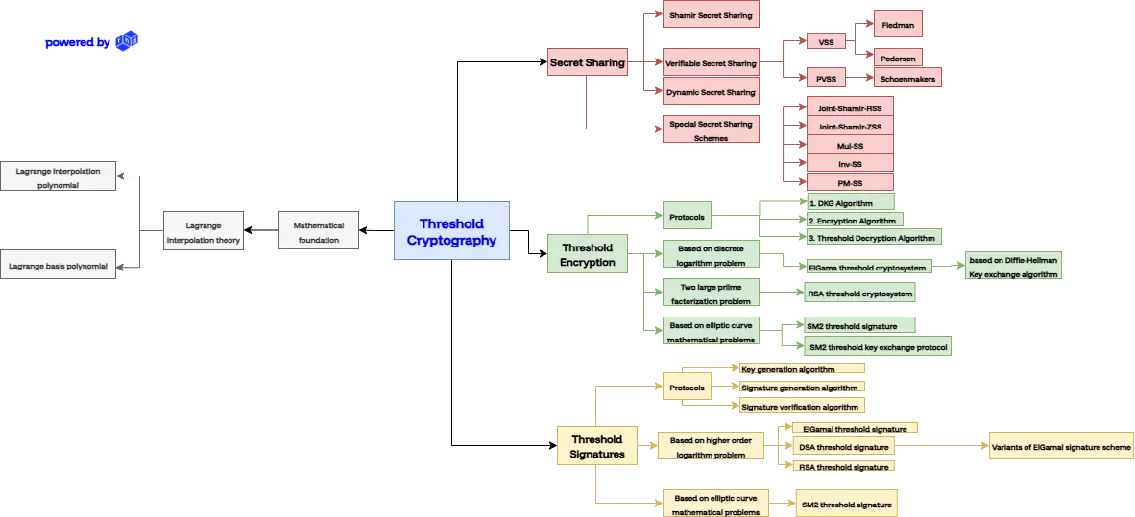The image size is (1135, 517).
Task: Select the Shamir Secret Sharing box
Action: pos(711,15)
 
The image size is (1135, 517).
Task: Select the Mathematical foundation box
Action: pos(317,232)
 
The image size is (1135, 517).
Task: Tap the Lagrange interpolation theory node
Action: pos(202,232)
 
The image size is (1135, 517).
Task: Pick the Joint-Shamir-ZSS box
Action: pos(850,127)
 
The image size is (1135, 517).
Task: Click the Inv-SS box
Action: pos(850,164)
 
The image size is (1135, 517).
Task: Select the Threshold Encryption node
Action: pos(588,254)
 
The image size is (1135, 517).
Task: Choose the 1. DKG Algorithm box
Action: pos(850,203)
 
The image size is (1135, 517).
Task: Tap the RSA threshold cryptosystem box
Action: pos(855,293)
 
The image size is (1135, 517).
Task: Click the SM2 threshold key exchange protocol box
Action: pos(878,346)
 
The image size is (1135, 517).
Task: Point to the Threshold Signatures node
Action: pos(597,446)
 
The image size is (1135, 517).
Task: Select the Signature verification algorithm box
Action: pos(801,407)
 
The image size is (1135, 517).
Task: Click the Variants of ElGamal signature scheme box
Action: pos(1061,447)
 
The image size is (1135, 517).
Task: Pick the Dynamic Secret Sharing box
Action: pos(711,93)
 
